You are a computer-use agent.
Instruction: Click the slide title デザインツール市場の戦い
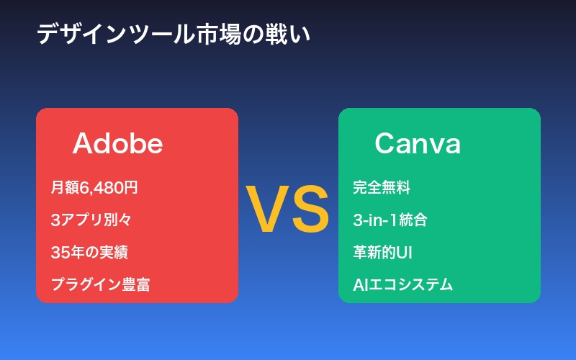pyautogui.click(x=174, y=35)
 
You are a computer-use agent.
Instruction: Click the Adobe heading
pyautogui.click(x=117, y=144)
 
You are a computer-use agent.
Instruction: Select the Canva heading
pyautogui.click(x=418, y=144)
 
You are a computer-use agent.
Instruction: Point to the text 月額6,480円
pyautogui.click(x=94, y=188)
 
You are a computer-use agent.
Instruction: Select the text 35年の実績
pyautogui.click(x=89, y=252)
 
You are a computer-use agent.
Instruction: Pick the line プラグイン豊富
pyautogui.click(x=100, y=284)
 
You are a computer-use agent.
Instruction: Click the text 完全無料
pyautogui.click(x=382, y=188)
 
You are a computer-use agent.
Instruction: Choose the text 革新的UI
pyautogui.click(x=382, y=252)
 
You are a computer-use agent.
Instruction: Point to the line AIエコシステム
pyautogui.click(x=402, y=284)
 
